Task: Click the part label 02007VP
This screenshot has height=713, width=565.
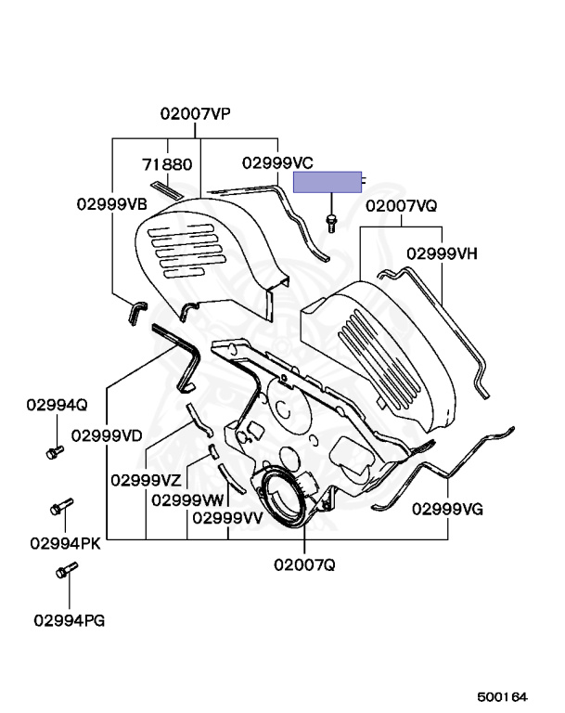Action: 195,114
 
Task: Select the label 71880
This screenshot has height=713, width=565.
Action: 167,164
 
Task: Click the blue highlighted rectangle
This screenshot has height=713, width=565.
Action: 327,182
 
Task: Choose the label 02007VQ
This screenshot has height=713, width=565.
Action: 401,206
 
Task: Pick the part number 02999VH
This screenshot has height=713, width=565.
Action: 443,252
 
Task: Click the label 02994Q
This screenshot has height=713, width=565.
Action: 56,405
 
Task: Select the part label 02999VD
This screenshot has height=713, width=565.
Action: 107,434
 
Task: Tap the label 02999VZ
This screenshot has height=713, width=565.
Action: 147,480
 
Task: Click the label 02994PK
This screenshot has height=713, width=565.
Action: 65,543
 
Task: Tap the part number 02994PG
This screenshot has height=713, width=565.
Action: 69,617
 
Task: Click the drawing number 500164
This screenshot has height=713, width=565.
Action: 502,695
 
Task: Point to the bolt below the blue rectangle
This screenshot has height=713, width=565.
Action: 331,221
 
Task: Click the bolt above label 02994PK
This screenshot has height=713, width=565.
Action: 60,509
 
